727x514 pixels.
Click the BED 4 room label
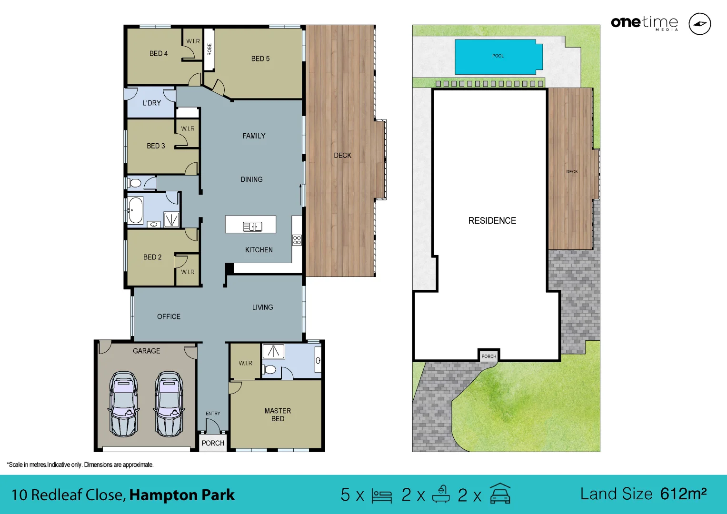click(x=159, y=54)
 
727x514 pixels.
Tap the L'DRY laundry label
click(x=152, y=103)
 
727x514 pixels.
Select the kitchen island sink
click(x=252, y=227)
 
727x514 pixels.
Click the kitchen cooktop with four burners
click(x=297, y=240)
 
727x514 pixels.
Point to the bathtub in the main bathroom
click(x=135, y=210)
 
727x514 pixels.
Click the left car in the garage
click(x=124, y=404)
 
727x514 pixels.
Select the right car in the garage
click(x=169, y=404)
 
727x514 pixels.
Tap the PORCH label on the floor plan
click(x=213, y=443)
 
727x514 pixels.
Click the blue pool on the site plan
click(x=498, y=57)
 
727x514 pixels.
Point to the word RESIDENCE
click(x=492, y=221)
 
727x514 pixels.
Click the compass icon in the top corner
click(x=700, y=24)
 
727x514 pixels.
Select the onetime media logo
click(x=644, y=23)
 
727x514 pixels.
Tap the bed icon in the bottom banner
click(x=381, y=495)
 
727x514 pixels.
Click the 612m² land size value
click(x=683, y=494)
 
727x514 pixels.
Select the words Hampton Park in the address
click(x=182, y=495)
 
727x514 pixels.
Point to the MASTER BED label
click(x=278, y=415)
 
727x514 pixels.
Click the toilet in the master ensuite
click(x=269, y=369)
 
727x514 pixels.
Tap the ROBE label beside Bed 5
click(x=209, y=49)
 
